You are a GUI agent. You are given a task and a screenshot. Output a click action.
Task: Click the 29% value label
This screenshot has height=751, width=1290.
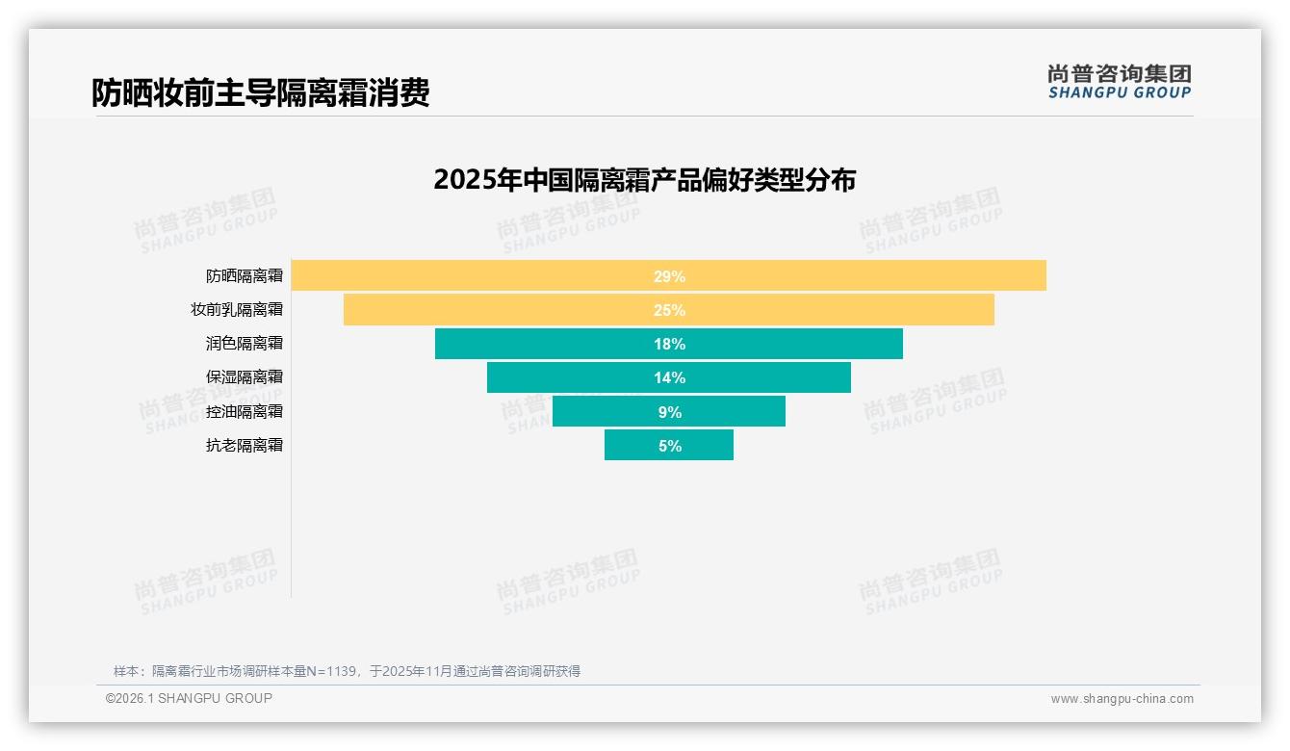pos(669,276)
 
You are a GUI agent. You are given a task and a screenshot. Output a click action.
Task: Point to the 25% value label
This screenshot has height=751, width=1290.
pos(669,310)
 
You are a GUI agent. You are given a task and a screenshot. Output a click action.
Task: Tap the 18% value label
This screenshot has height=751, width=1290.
pos(669,344)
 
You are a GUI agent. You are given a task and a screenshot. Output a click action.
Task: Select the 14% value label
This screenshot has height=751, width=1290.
pos(669,377)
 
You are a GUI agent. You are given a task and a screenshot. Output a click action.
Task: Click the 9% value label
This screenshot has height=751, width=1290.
pos(669,412)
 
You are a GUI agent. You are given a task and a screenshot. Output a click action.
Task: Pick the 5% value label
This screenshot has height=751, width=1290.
pos(669,446)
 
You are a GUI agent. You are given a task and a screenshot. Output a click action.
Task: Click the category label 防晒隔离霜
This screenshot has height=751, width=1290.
pos(245,276)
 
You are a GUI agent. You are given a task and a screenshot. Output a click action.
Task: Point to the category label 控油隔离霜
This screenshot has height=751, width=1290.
pos(245,412)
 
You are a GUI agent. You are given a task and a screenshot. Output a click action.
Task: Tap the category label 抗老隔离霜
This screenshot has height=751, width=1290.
pos(245,446)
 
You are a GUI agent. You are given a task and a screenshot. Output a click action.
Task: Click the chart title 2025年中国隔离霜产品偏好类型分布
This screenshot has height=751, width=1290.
pos(644,180)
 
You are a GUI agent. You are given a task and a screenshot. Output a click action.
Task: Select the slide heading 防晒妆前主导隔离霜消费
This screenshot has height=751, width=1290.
pos(260,92)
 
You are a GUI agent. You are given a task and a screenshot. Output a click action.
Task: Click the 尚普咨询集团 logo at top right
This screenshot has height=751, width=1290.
pos(1119,82)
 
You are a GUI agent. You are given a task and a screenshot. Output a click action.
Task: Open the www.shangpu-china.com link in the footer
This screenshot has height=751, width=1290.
pos(1122,699)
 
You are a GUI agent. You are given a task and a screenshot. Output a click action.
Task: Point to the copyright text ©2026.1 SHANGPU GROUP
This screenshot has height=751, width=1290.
pos(189,698)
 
